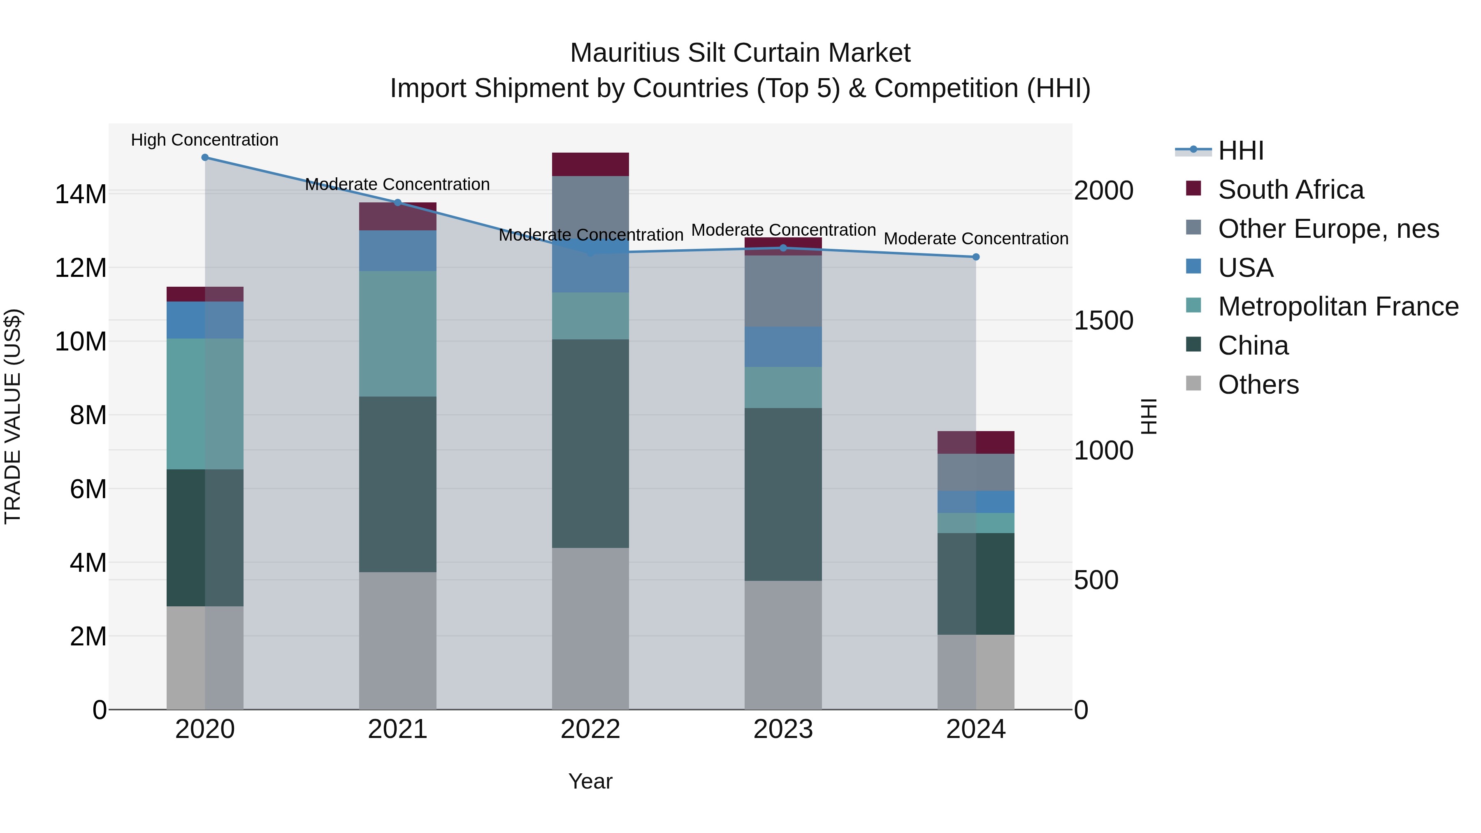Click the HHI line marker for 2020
click(205, 158)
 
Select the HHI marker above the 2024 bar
click(976, 257)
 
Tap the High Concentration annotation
click(205, 140)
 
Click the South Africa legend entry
click(1290, 190)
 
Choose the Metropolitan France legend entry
click(1338, 306)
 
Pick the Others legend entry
click(1258, 385)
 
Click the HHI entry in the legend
click(1241, 151)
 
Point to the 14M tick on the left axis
click(81, 194)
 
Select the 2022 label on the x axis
click(590, 729)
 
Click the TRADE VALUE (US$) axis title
click(13, 416)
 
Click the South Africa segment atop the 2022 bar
click(590, 165)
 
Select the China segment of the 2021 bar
click(397, 484)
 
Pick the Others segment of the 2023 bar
click(782, 645)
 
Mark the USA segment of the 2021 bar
click(397, 251)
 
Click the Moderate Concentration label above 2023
click(783, 230)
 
